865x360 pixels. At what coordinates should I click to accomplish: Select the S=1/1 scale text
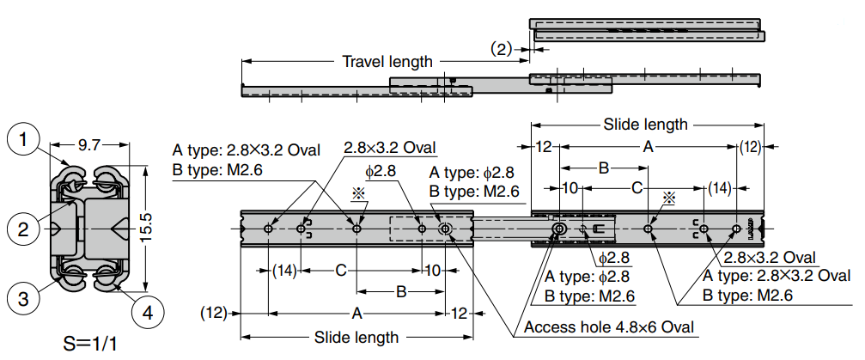(91, 345)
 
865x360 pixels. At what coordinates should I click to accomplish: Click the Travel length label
(387, 62)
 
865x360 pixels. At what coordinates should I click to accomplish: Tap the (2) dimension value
(501, 49)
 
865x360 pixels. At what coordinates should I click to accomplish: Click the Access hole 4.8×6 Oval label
(608, 327)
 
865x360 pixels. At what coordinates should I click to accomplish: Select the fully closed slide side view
(647, 29)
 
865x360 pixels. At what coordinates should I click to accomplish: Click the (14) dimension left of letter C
(284, 271)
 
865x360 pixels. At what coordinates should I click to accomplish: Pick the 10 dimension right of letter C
(432, 271)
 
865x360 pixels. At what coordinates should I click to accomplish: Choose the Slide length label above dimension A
(645, 125)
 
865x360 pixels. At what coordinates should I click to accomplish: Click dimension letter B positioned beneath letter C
(400, 292)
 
